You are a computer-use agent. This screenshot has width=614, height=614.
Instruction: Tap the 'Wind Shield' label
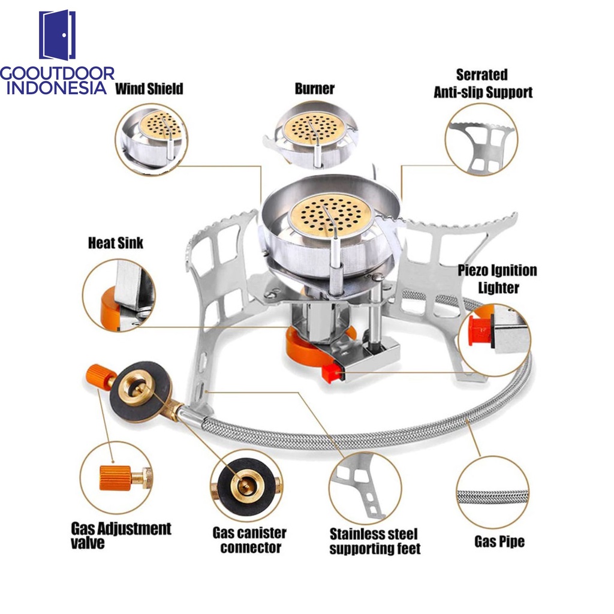click(x=149, y=89)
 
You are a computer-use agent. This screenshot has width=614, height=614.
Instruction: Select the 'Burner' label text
click(x=314, y=89)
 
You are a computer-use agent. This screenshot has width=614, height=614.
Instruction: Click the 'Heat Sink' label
click(x=116, y=243)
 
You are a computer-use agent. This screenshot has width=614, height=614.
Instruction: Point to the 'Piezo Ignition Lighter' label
click(x=498, y=279)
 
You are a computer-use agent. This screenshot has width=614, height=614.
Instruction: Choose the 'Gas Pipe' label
click(x=499, y=541)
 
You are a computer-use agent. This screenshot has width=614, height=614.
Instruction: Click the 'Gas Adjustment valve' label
click(x=121, y=535)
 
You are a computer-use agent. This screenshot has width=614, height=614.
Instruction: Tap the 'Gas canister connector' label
click(x=249, y=540)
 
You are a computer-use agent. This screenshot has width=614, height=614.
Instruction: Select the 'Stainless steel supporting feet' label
click(x=375, y=541)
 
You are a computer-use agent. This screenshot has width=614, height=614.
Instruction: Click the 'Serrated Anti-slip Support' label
click(x=483, y=83)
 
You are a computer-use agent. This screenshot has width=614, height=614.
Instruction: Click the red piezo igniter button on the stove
click(x=330, y=373)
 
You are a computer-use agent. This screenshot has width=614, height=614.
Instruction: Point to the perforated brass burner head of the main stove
click(x=331, y=216)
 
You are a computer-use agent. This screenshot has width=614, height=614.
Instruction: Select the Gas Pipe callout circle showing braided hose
click(x=493, y=493)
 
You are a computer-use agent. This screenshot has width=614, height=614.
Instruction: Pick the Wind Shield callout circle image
click(x=152, y=140)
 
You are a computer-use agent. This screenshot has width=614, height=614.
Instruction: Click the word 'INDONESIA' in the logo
click(x=57, y=88)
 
